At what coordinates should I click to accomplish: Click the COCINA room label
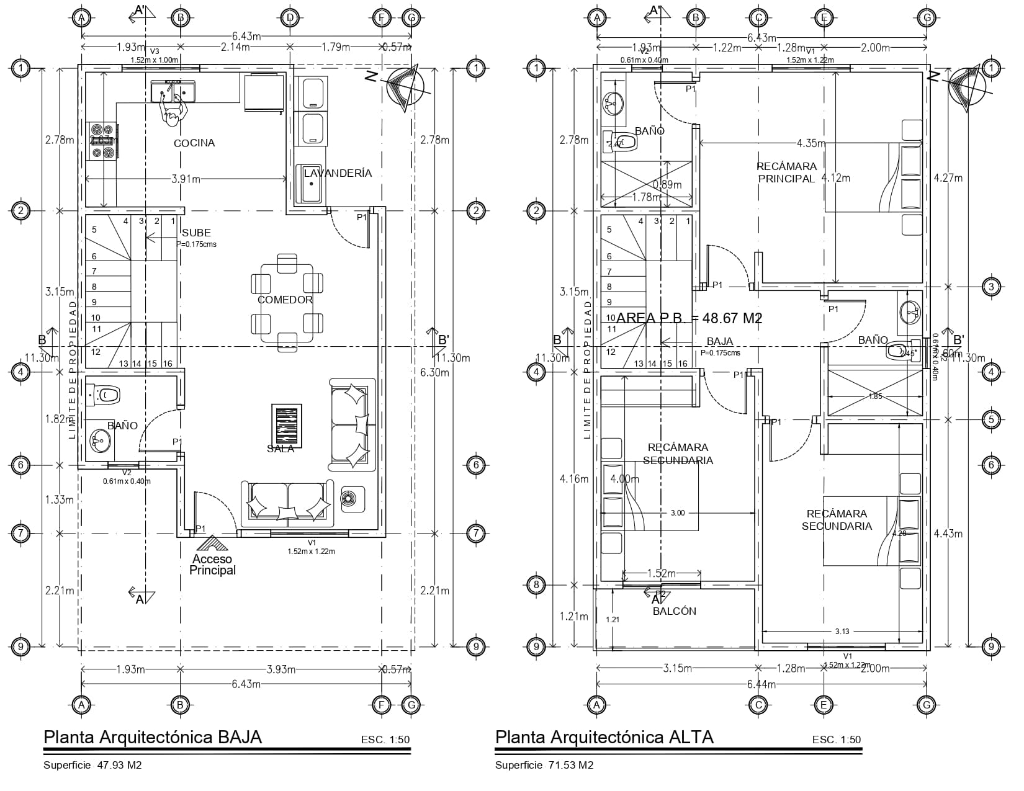click(194, 143)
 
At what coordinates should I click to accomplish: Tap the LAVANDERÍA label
click(338, 173)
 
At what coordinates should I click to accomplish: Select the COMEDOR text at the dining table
click(285, 300)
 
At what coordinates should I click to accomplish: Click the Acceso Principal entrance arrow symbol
click(212, 545)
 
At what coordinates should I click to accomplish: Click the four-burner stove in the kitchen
click(102, 141)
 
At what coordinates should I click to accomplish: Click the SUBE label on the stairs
click(196, 233)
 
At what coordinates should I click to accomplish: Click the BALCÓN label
click(675, 611)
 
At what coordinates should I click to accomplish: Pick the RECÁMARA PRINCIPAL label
click(786, 172)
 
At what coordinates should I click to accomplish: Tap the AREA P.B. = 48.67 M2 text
click(689, 318)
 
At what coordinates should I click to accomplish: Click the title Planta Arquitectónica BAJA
click(153, 737)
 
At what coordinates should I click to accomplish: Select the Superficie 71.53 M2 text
click(544, 766)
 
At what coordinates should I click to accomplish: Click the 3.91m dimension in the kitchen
click(186, 179)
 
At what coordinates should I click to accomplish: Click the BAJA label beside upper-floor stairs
click(719, 341)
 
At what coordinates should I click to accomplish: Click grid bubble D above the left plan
click(289, 17)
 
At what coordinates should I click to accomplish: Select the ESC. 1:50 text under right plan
click(836, 740)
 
